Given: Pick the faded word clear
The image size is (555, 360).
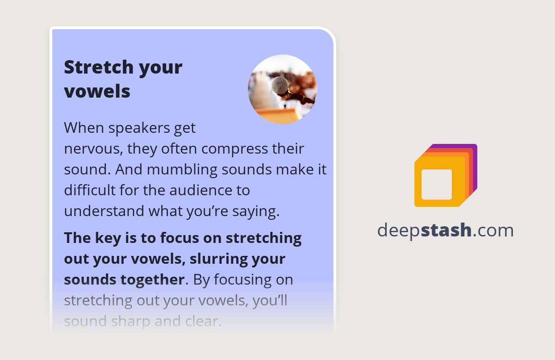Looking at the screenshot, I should (200, 321).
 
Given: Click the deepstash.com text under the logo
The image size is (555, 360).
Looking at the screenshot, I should (445, 230).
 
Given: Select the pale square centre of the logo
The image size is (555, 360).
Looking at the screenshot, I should (437, 184).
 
